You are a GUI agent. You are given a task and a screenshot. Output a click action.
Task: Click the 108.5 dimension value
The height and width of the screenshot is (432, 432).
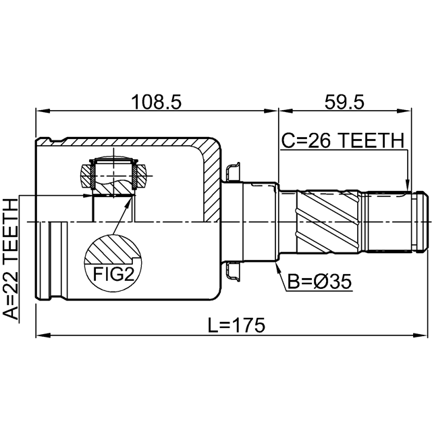[x=156, y=102]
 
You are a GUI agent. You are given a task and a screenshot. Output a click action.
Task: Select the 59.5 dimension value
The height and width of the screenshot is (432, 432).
[x=344, y=102]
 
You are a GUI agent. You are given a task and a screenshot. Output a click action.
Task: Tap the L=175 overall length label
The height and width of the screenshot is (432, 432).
[x=236, y=325]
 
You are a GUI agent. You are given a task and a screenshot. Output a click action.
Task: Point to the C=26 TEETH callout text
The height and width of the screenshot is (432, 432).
[x=343, y=140]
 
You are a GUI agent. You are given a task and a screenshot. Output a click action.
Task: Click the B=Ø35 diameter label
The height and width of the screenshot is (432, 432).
[x=319, y=281]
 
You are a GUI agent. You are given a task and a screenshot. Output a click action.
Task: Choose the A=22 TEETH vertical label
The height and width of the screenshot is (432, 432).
[x=11, y=259]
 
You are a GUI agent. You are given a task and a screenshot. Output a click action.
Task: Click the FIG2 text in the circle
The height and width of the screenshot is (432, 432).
[x=113, y=274]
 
